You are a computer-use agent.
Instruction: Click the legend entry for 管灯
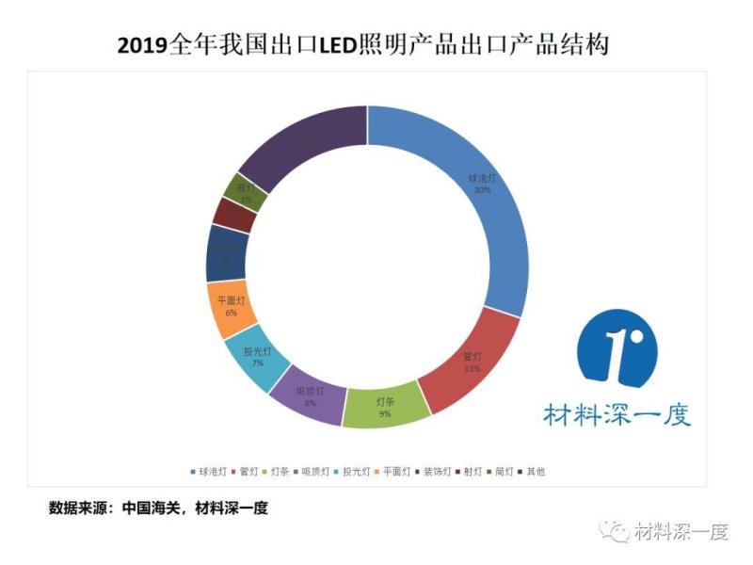[248, 471]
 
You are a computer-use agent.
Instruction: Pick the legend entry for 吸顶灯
[313, 471]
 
